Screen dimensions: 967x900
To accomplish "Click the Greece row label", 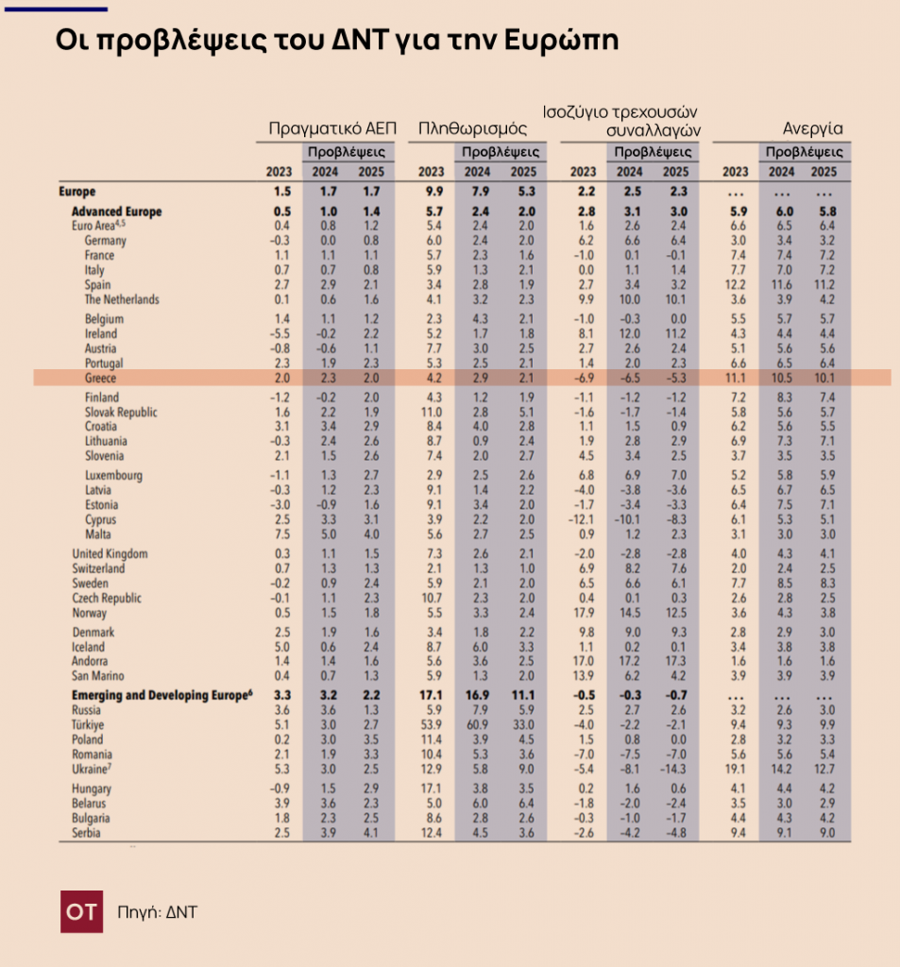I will pos(100,378).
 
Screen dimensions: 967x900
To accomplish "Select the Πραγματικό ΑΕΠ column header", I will pos(332,129).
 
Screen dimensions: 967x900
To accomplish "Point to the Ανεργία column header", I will pos(812,129).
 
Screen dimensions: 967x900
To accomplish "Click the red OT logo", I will pos(82,911).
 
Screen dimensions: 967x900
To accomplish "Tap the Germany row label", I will pos(105,241).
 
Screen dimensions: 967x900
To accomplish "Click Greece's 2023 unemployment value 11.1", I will pos(735,378).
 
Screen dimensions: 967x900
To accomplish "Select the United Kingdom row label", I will pos(110,553).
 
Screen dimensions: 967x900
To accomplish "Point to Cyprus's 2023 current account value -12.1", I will pos(582,520).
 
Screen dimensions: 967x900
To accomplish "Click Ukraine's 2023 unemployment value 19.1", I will pos(735,769).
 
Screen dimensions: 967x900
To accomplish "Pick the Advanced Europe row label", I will pos(116,212).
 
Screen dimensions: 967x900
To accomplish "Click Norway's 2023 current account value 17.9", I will pos(583,613).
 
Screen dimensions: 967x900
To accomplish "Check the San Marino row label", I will pos(98,676).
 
